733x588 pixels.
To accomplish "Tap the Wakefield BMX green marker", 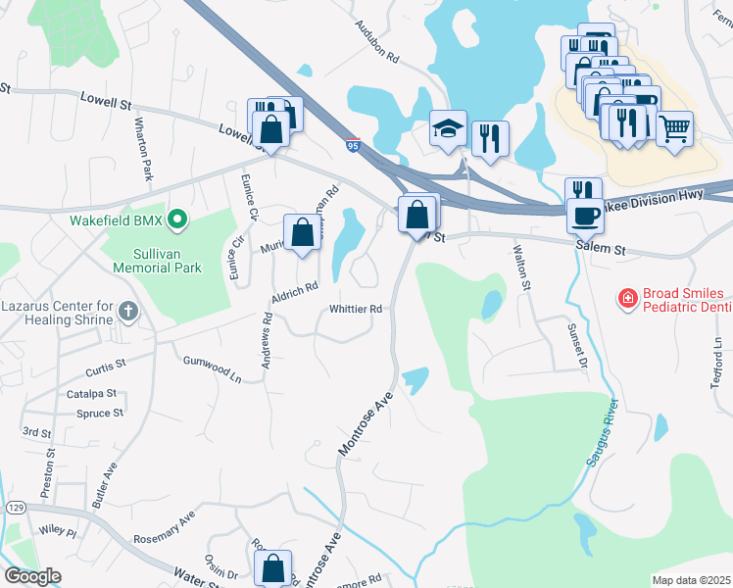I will click(177, 220).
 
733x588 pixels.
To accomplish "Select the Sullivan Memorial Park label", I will click(157, 260).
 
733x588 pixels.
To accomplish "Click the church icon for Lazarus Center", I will click(127, 312).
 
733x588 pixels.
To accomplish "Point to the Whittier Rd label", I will click(355, 309).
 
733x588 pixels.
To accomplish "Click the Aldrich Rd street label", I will click(295, 291).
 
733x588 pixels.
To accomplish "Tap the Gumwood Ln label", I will click(212, 367).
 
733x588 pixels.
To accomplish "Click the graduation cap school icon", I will click(448, 128).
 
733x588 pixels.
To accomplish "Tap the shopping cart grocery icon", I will click(674, 128).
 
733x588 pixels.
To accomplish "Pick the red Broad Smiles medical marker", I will click(625, 296).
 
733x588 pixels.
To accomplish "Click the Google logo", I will click(33, 576).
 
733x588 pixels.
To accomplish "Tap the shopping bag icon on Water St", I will click(272, 567).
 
